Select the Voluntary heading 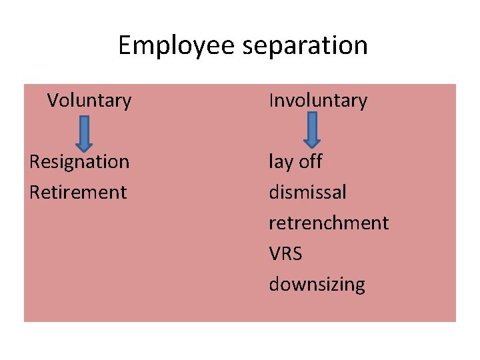tap(89, 101)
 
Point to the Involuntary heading tap(318, 101)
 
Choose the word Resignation tap(79, 162)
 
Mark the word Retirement tap(78, 193)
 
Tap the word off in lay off tap(310, 162)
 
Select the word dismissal tap(307, 193)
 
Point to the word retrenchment tap(329, 223)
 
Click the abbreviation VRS tap(285, 254)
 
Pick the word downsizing tap(317, 285)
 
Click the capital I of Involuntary tap(271, 101)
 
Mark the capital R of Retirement tap(35, 193)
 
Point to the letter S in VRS tap(297, 254)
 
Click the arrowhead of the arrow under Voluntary tap(83, 143)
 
